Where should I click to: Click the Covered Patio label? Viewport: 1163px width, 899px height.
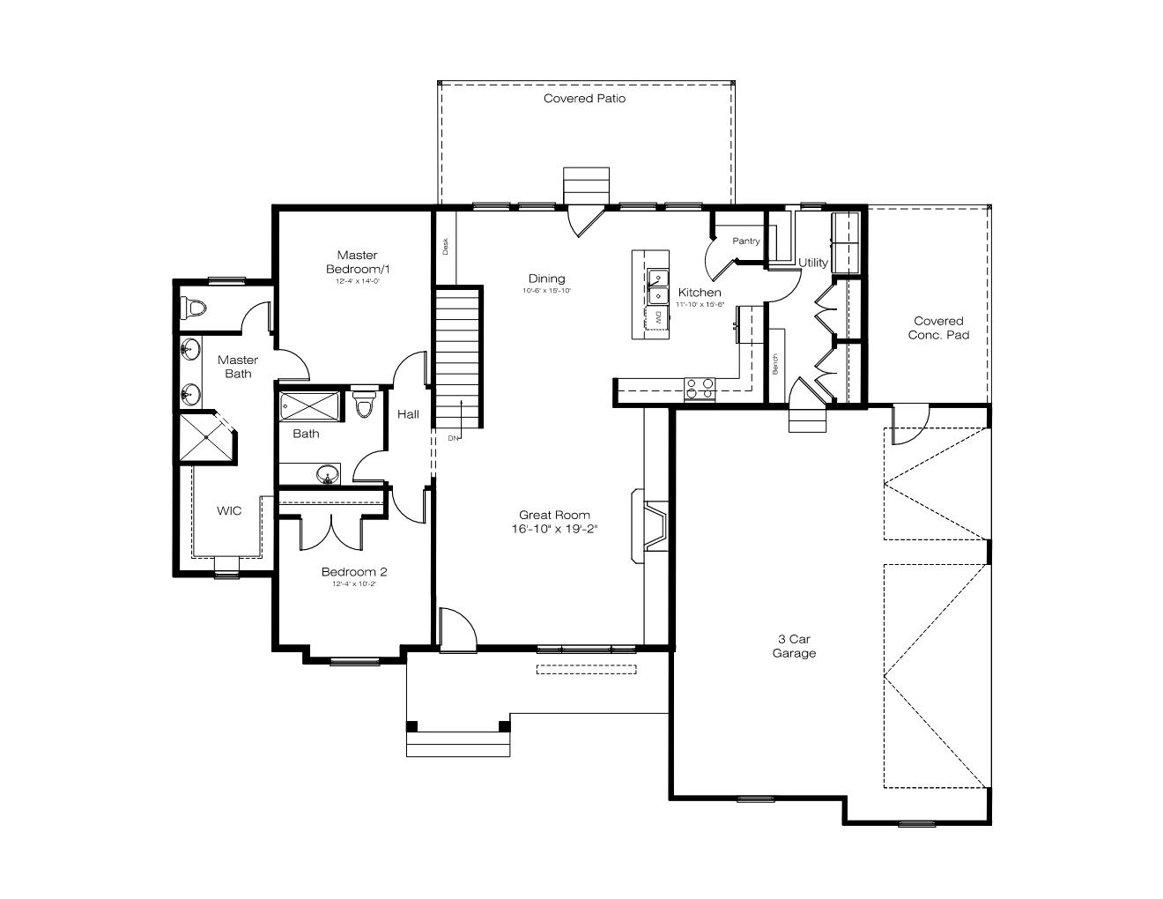[x=584, y=99]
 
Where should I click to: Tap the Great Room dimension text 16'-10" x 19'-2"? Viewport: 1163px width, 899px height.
[x=554, y=530]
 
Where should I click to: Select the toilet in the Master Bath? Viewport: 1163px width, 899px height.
[x=193, y=308]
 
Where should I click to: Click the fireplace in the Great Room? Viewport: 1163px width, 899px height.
[x=654, y=526]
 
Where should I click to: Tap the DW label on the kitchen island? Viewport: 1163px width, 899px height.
[x=657, y=316]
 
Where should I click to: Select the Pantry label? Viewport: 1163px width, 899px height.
[x=745, y=241]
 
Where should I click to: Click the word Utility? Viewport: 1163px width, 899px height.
[x=813, y=263]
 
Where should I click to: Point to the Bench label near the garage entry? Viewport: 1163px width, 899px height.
[x=775, y=365]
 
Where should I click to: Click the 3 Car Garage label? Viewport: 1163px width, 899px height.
[x=794, y=646]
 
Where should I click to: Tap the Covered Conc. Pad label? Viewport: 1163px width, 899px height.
[x=938, y=328]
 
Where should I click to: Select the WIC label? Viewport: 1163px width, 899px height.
[x=229, y=510]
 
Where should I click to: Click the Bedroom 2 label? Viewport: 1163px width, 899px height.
[x=353, y=572]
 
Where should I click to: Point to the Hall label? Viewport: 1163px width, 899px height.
[x=408, y=414]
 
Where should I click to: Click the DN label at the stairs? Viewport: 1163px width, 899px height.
[x=453, y=438]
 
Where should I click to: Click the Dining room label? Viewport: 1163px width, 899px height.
[x=546, y=279]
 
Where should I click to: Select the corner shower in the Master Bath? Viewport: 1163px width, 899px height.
[x=206, y=437]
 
